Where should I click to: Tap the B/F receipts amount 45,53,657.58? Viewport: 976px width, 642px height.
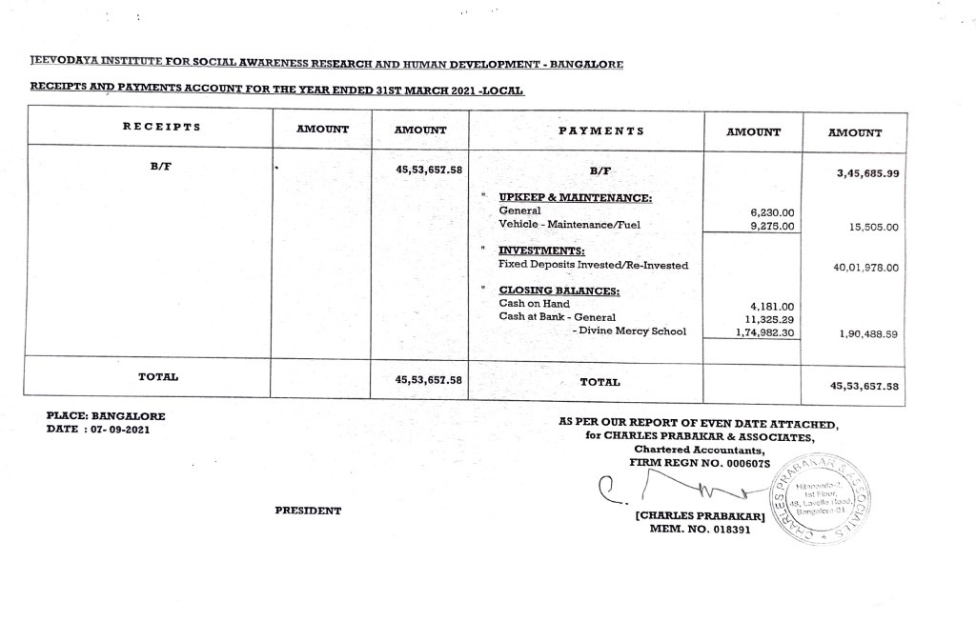[x=428, y=171]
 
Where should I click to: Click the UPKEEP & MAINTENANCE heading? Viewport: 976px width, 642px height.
[x=576, y=197]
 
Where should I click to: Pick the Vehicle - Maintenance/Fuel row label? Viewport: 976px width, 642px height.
[x=569, y=225]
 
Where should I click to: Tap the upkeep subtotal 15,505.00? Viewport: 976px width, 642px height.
[x=866, y=228]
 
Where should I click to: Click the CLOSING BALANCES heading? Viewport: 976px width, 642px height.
[x=559, y=291]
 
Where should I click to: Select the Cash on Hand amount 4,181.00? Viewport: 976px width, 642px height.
[x=773, y=306]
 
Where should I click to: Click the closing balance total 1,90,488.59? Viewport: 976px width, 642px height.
[x=865, y=334]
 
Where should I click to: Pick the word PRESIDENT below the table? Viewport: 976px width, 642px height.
[x=308, y=511]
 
